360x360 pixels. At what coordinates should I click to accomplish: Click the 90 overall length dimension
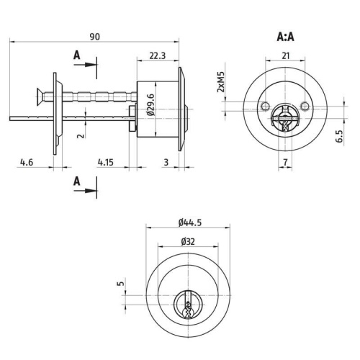click(x=94, y=37)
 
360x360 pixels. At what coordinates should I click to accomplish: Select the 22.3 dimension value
click(x=158, y=55)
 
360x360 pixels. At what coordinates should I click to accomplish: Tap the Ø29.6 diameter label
click(x=151, y=104)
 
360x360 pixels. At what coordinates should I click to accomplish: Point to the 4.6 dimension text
click(x=27, y=163)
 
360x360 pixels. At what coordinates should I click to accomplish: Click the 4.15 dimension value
click(x=105, y=163)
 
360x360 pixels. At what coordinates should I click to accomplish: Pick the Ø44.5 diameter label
click(x=190, y=222)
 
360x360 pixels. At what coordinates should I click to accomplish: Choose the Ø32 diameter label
click(x=188, y=242)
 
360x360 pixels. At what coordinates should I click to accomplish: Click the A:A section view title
click(x=285, y=37)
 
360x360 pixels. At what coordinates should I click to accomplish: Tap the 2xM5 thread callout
click(x=220, y=82)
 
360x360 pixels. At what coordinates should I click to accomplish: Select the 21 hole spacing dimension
click(x=285, y=56)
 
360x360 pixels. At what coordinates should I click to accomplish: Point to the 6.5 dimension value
click(x=339, y=136)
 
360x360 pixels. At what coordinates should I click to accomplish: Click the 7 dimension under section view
click(x=285, y=163)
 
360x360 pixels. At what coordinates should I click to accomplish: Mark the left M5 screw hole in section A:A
click(x=265, y=106)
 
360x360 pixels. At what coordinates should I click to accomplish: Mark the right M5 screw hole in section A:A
click(x=305, y=106)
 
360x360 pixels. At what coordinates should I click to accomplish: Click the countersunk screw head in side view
click(x=40, y=96)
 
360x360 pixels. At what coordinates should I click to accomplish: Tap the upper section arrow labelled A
click(x=85, y=65)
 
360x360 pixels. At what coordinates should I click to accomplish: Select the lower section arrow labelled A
click(x=85, y=191)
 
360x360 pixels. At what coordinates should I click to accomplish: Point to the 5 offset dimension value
click(x=121, y=284)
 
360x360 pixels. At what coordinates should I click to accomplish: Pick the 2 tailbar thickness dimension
click(x=81, y=135)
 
